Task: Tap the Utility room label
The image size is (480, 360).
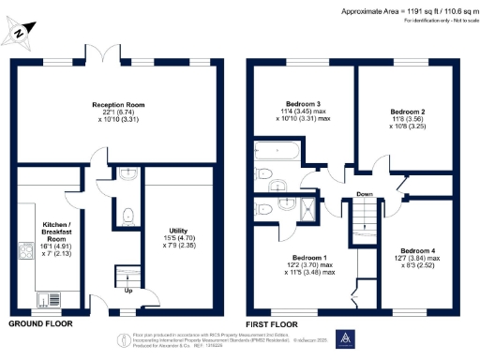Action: [178, 234]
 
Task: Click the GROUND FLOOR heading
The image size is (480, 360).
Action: [40, 323]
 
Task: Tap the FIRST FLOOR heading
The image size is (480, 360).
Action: [272, 323]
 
